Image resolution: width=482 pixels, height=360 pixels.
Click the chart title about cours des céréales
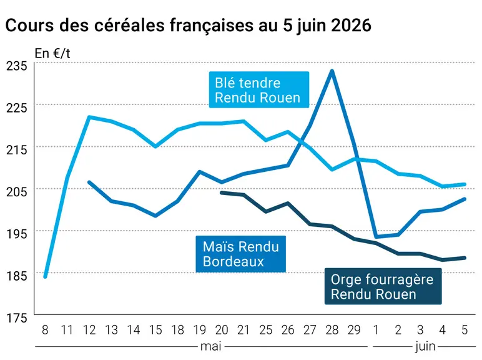188,25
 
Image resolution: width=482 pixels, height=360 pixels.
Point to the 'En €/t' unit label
52,54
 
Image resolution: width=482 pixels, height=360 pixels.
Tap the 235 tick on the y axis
17,66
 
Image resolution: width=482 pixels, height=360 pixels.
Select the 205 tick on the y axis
17,191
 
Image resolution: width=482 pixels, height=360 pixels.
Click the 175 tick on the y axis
17,317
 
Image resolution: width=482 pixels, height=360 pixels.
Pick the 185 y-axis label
17,276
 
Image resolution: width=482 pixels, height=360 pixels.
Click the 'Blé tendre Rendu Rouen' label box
259,90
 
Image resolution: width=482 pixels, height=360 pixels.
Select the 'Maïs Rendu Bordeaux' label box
241,254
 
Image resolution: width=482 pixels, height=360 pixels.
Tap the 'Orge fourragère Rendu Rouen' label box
383,286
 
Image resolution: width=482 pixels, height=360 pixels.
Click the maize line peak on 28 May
332,71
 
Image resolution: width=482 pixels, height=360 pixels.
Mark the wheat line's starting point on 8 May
45,277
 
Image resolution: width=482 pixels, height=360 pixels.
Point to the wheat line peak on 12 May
89,117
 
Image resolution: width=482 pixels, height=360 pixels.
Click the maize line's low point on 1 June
376,237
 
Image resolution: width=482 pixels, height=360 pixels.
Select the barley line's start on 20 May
222,193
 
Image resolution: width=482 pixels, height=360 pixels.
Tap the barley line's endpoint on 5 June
464,258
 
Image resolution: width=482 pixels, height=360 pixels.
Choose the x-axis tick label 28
332,330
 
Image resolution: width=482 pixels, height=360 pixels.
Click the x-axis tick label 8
45,330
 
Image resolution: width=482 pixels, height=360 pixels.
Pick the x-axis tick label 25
265,330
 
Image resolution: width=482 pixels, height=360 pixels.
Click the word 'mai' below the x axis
211,346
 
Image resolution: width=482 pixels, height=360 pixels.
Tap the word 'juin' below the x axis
425,347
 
